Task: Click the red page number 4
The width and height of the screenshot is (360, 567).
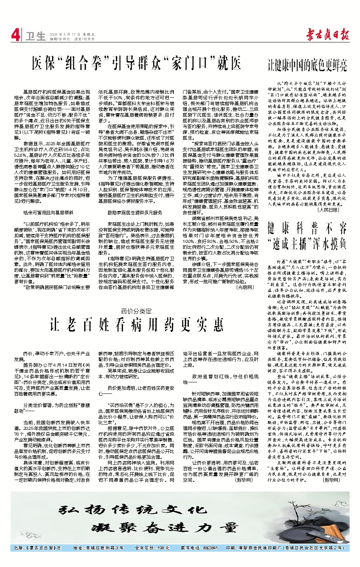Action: (15, 35)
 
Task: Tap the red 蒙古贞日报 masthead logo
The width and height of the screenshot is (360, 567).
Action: (327, 35)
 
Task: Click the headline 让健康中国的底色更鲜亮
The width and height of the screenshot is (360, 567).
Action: (307, 66)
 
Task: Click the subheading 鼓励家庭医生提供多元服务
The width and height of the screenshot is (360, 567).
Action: (135, 212)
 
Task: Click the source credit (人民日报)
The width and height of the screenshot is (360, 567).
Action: (328, 210)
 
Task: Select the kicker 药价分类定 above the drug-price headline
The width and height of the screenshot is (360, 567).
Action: (136, 311)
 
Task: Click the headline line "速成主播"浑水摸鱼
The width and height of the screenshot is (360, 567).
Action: (307, 243)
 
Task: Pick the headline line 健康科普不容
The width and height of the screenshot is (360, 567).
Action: (307, 229)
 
